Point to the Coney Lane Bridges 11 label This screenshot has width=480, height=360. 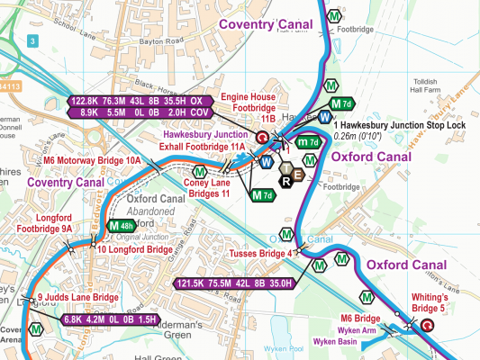(207, 187)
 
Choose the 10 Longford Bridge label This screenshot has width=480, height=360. (134, 248)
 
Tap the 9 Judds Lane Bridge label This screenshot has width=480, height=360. (77, 298)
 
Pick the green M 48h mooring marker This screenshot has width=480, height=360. (121, 225)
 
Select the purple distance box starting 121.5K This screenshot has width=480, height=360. (237, 283)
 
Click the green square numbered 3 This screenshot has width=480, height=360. (33, 41)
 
